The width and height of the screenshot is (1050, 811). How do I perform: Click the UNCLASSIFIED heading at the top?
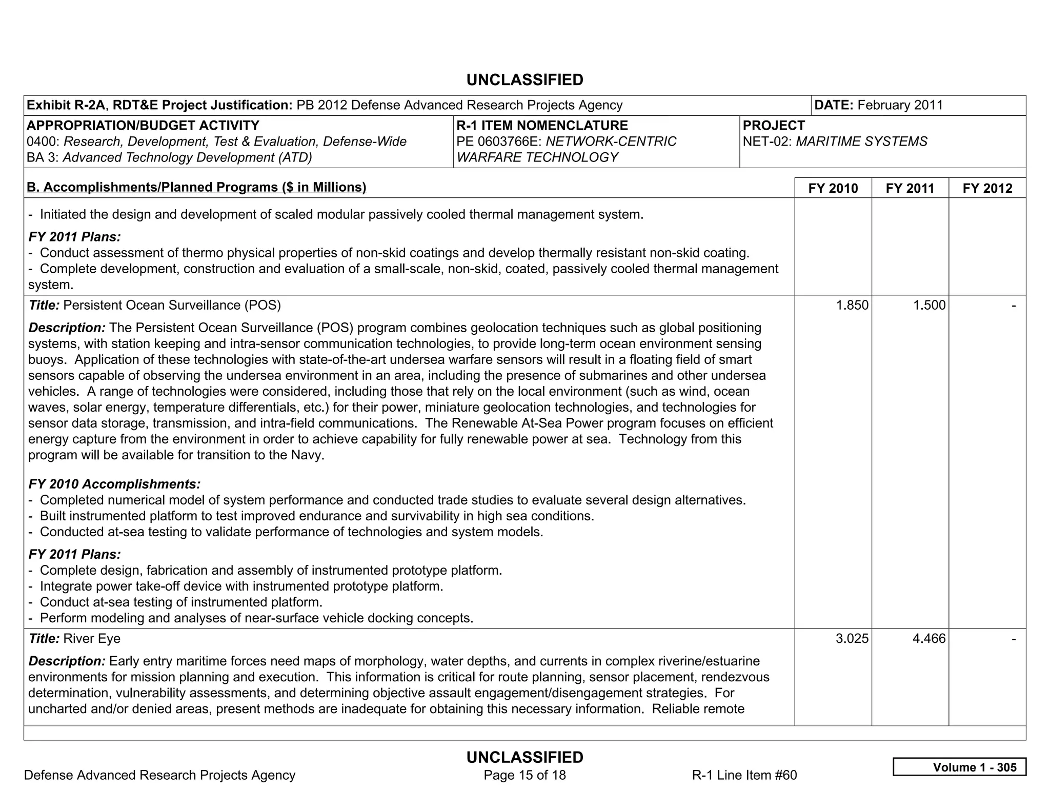tap(524, 80)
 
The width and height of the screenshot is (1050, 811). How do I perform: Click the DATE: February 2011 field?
tap(878, 105)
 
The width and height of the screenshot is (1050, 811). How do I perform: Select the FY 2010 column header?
tap(833, 188)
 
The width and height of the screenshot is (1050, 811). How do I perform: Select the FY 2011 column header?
tap(910, 188)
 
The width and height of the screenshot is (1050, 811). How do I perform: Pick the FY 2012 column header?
tap(987, 188)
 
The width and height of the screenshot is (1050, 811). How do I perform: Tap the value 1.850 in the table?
tap(852, 306)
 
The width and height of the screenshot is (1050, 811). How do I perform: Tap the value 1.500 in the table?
tap(928, 306)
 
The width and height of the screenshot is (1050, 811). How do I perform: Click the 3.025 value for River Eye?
tap(852, 639)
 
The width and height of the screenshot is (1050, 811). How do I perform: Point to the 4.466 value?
tap(928, 639)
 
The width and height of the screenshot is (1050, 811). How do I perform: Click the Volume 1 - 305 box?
tap(959, 767)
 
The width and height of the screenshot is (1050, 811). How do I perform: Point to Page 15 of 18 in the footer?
tap(524, 775)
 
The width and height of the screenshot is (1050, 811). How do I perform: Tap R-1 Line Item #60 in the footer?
tap(744, 775)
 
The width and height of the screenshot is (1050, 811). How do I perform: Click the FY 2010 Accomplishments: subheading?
tap(114, 484)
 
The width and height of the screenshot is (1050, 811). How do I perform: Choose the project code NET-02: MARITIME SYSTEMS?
tap(835, 141)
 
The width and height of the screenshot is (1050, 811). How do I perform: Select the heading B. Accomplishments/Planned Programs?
tap(196, 188)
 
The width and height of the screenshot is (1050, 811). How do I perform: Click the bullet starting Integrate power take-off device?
tap(241, 586)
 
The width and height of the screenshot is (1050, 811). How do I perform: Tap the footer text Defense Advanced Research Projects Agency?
tap(159, 775)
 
